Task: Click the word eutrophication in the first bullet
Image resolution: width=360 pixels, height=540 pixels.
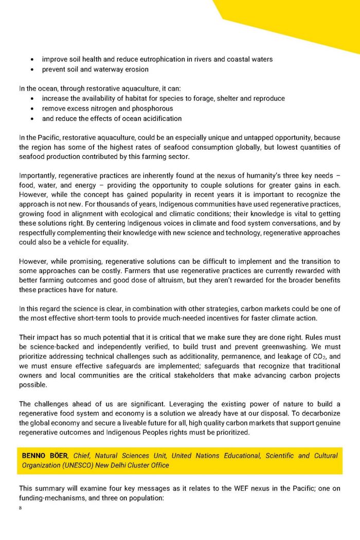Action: pyautogui.click(x=160, y=59)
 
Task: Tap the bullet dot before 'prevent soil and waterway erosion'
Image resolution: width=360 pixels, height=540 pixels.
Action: pyautogui.click(x=33, y=69)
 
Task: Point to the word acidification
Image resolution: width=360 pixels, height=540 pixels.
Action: pyautogui.click(x=159, y=118)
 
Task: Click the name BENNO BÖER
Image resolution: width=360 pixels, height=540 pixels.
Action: pyautogui.click(x=45, y=456)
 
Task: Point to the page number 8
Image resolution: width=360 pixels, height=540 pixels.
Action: pyautogui.click(x=20, y=508)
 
